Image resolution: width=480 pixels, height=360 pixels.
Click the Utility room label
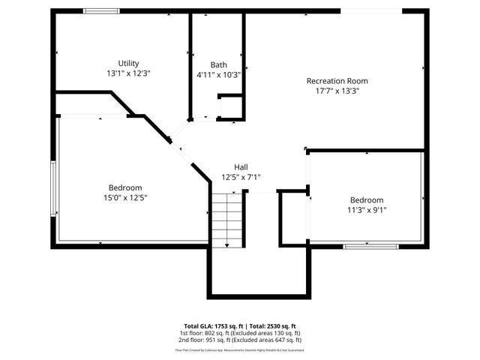pos(128,63)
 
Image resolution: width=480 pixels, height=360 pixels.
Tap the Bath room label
pos(218,64)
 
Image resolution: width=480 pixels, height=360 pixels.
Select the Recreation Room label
pos(337,81)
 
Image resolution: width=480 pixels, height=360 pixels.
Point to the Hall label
pos(241,167)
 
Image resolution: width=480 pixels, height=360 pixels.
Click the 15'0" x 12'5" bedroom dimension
pos(125,198)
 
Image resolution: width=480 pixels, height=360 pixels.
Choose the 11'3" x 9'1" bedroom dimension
pos(367,210)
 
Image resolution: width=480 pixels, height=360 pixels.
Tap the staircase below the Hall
pos(227,219)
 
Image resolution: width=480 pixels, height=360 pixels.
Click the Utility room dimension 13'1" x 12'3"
pos(128,73)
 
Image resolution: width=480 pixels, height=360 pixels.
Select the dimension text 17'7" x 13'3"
pos(337,91)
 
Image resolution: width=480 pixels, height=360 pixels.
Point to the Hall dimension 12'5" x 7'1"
pos(241,178)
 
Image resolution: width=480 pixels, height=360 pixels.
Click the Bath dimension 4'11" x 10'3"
pos(218,74)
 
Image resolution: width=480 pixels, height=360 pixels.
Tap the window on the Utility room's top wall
pos(100,10)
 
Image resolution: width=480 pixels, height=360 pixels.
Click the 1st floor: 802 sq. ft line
pos(239,332)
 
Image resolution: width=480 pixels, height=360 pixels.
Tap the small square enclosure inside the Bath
pos(231,107)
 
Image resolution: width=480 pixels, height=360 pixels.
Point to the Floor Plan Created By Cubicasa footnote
pos(239,349)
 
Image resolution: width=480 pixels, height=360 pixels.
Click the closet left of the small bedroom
pos(293,218)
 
